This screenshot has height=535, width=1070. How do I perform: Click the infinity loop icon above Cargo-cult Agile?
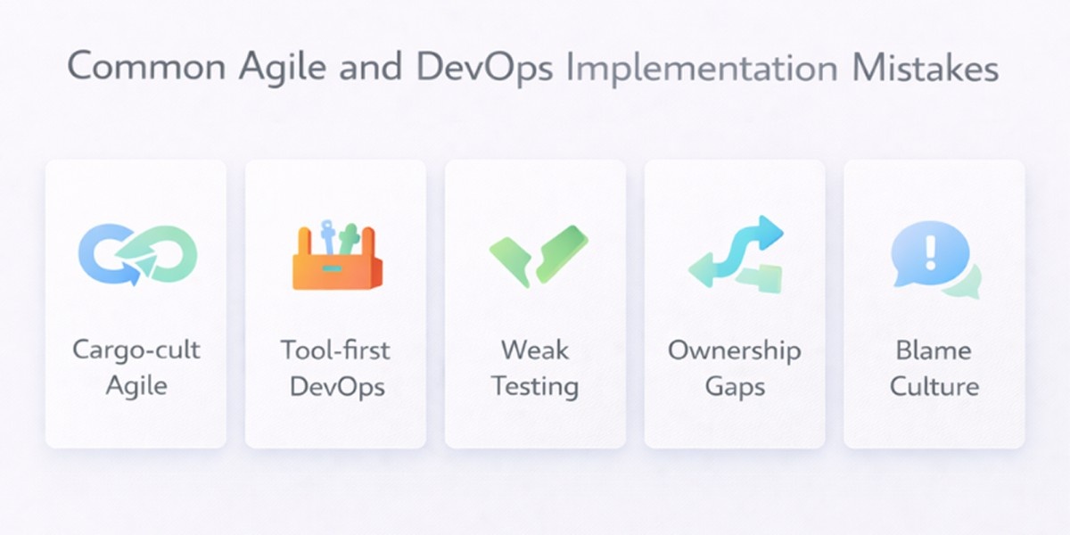point(137,254)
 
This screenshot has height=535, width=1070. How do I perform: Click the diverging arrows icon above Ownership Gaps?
point(737,256)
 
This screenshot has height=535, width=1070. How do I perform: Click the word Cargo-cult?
point(136,349)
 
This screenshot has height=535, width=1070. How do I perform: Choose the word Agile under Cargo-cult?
point(136,386)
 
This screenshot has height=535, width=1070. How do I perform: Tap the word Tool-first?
point(335,349)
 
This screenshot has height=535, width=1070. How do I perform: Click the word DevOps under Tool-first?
point(335,386)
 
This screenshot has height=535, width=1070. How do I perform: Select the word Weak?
point(535,349)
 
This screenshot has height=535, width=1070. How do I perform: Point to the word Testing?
point(535,387)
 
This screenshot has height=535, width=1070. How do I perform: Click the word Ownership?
point(735,350)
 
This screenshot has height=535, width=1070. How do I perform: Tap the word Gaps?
point(735,387)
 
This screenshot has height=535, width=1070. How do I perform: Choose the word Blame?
point(934,349)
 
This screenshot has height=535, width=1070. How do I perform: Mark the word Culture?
point(934,386)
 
